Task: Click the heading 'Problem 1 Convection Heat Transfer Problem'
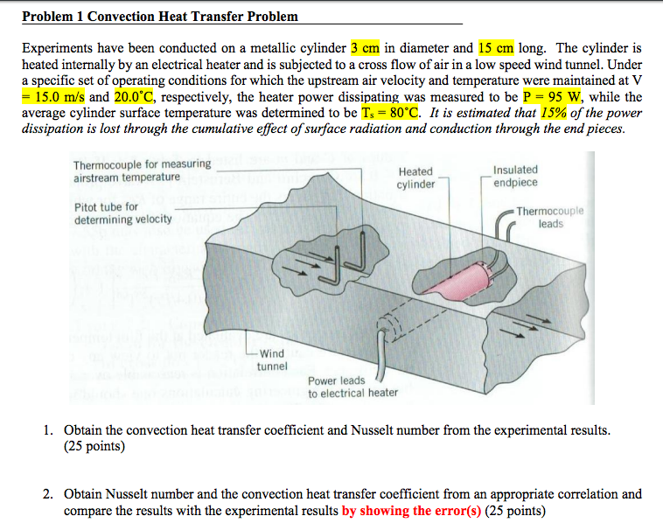(x=160, y=16)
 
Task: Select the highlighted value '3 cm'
(x=365, y=48)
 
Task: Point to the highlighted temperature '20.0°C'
(x=138, y=97)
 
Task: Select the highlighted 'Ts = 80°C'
(x=390, y=113)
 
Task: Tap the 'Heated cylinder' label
(x=415, y=178)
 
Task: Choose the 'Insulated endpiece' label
(x=515, y=176)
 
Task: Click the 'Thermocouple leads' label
(x=548, y=218)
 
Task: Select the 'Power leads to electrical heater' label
(x=352, y=387)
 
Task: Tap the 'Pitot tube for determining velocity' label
(x=122, y=213)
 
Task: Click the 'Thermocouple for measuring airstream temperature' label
(x=142, y=171)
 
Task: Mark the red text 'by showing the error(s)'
(x=411, y=511)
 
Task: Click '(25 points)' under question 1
(x=94, y=447)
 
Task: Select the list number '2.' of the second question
(x=50, y=494)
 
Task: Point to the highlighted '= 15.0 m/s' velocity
(x=53, y=97)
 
